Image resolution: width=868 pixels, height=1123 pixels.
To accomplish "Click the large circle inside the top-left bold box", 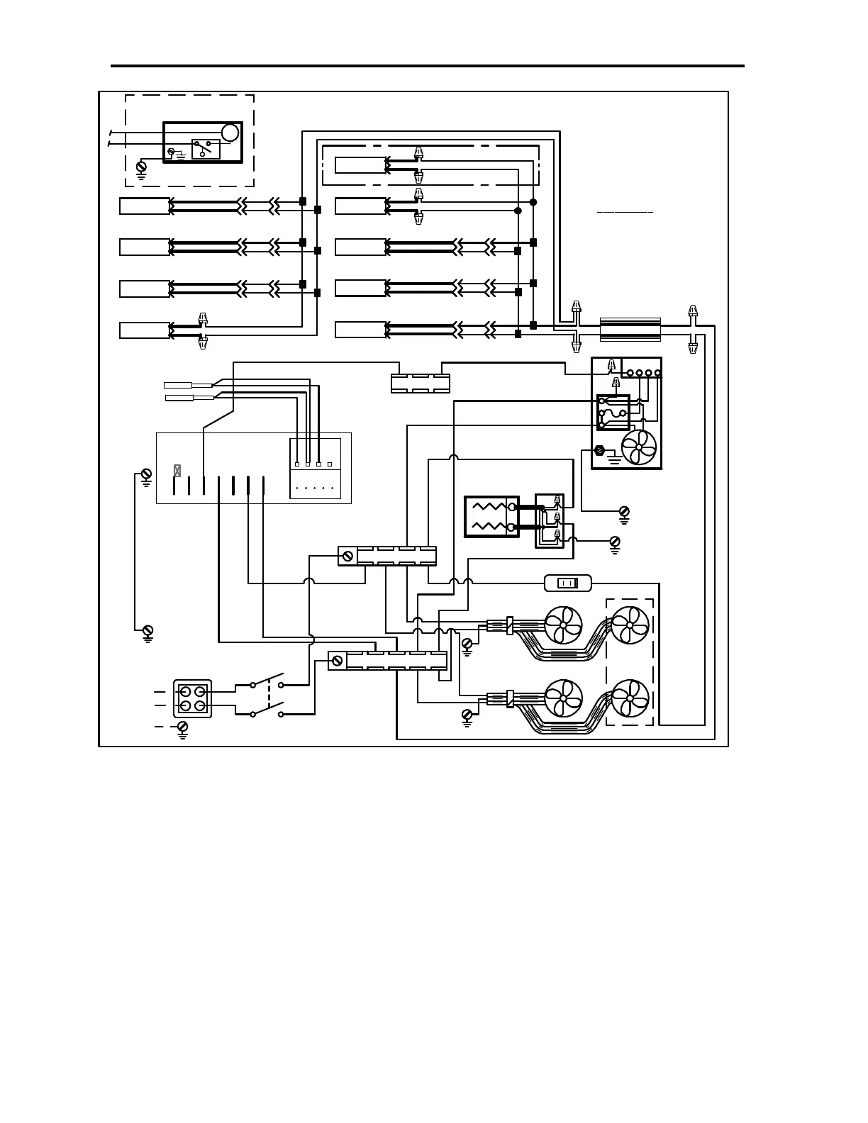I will (x=230, y=133).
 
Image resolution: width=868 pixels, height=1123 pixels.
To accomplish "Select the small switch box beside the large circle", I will (x=206, y=149).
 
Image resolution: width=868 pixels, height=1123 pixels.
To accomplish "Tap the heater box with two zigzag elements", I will (x=491, y=517).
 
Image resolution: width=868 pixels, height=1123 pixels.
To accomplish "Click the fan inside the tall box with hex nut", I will (x=638, y=448).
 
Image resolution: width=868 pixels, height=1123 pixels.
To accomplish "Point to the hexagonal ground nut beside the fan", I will (x=599, y=450).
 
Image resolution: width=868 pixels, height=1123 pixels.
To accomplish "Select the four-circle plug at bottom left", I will (x=193, y=698).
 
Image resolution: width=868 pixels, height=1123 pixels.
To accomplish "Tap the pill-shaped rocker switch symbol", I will (x=567, y=583).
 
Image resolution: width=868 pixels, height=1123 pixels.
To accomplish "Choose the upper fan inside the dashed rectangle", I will (x=630, y=626).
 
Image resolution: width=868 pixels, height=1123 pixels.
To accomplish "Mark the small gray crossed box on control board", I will (x=177, y=470).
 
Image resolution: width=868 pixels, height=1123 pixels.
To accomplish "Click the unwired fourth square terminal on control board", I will (x=330, y=464).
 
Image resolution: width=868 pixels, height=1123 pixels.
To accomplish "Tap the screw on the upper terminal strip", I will (x=347, y=556).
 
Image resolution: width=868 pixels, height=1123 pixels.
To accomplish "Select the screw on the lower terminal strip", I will (x=338, y=661).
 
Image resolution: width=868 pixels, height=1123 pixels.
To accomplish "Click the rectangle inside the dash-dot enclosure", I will (x=360, y=165).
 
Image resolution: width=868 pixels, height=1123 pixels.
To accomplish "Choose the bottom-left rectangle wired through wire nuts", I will (x=145, y=330).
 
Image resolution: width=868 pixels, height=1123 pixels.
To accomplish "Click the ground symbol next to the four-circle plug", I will (x=182, y=728).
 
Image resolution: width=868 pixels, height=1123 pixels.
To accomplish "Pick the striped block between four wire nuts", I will (x=630, y=330).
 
